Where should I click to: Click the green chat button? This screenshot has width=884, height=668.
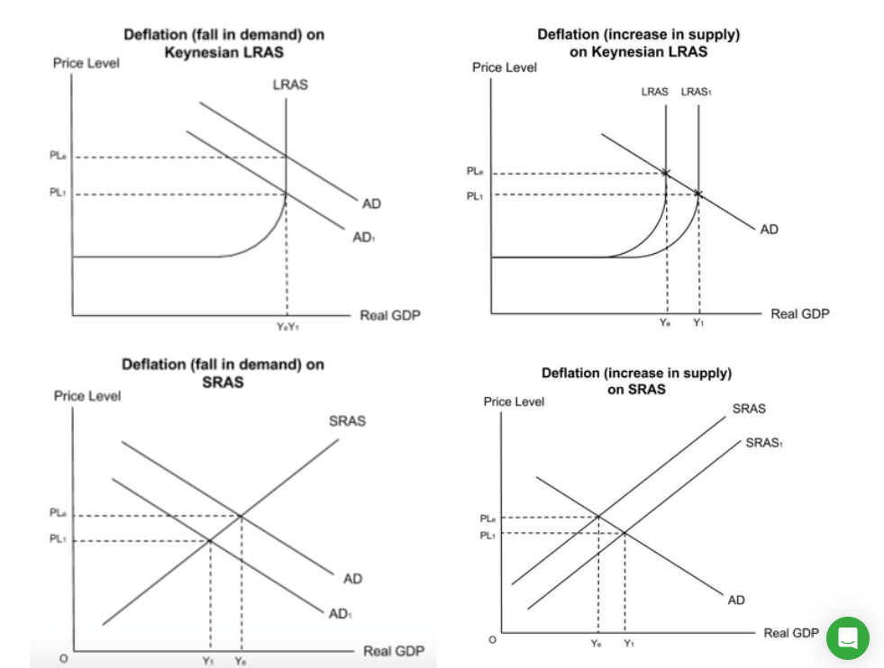click(x=847, y=637)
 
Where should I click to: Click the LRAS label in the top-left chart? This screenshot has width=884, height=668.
click(x=289, y=86)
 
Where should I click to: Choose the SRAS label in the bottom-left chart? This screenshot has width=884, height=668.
click(x=347, y=420)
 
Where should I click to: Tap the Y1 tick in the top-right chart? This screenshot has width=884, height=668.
click(x=698, y=322)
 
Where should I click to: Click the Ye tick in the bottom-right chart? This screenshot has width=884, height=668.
click(x=596, y=644)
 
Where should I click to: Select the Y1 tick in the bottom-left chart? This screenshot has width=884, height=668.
click(x=210, y=660)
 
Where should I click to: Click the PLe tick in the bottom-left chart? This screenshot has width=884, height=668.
click(x=57, y=513)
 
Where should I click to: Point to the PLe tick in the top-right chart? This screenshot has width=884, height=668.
click(x=476, y=171)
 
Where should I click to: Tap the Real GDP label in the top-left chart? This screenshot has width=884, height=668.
click(x=389, y=315)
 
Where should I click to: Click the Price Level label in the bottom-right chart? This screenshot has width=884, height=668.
click(x=514, y=402)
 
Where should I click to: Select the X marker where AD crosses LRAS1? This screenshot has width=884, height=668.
click(x=697, y=194)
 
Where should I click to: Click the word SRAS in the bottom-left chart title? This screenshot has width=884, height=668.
click(x=223, y=381)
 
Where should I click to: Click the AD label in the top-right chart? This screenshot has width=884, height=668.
click(x=769, y=230)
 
